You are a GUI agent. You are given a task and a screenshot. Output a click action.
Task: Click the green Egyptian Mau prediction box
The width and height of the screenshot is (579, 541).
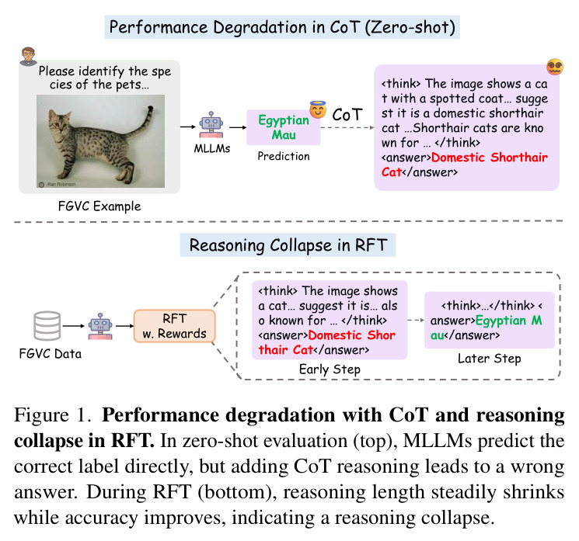pyautogui.click(x=284, y=127)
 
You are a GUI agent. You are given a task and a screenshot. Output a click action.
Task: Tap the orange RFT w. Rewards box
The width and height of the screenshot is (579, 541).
pyautogui.click(x=174, y=326)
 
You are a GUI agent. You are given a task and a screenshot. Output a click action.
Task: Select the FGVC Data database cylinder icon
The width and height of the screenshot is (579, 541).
pyautogui.click(x=47, y=326)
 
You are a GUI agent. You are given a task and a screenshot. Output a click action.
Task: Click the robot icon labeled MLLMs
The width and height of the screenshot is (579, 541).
pyautogui.click(x=211, y=125)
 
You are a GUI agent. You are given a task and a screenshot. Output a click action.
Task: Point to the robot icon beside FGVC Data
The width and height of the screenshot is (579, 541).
pyautogui.click(x=100, y=326)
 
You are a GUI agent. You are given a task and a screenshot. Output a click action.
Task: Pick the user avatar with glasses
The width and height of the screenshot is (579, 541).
pyautogui.click(x=28, y=56)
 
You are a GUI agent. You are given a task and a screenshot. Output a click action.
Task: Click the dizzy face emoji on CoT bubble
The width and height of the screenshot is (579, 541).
pyautogui.click(x=555, y=67)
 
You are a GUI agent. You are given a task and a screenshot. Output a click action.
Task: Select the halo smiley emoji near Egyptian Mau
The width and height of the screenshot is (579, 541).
pyautogui.click(x=318, y=109)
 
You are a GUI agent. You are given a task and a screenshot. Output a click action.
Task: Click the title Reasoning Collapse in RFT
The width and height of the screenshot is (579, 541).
pyautogui.click(x=288, y=245)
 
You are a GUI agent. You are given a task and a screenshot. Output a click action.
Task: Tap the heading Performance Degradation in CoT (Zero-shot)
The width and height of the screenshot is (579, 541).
pyautogui.click(x=282, y=27)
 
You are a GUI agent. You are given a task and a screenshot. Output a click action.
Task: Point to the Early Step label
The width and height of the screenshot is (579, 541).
pyautogui.click(x=330, y=369)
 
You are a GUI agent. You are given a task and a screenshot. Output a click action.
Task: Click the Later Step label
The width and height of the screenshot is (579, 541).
pyautogui.click(x=490, y=359)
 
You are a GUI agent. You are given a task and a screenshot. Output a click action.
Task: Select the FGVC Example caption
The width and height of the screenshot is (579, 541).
pyautogui.click(x=99, y=206)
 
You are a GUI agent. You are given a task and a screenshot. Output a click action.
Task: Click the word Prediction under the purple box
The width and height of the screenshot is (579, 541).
pyautogui.click(x=284, y=156)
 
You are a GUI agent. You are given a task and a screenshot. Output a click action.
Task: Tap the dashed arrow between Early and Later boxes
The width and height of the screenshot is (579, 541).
pyautogui.click(x=416, y=320)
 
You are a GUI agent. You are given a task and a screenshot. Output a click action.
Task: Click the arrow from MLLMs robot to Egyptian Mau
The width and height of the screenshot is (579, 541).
pyautogui.click(x=238, y=127)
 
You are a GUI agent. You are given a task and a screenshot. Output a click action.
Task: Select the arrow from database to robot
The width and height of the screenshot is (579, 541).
pyautogui.click(x=74, y=326)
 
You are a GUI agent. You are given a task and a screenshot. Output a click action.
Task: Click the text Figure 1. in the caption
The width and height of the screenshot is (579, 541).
pyautogui.click(x=52, y=415)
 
